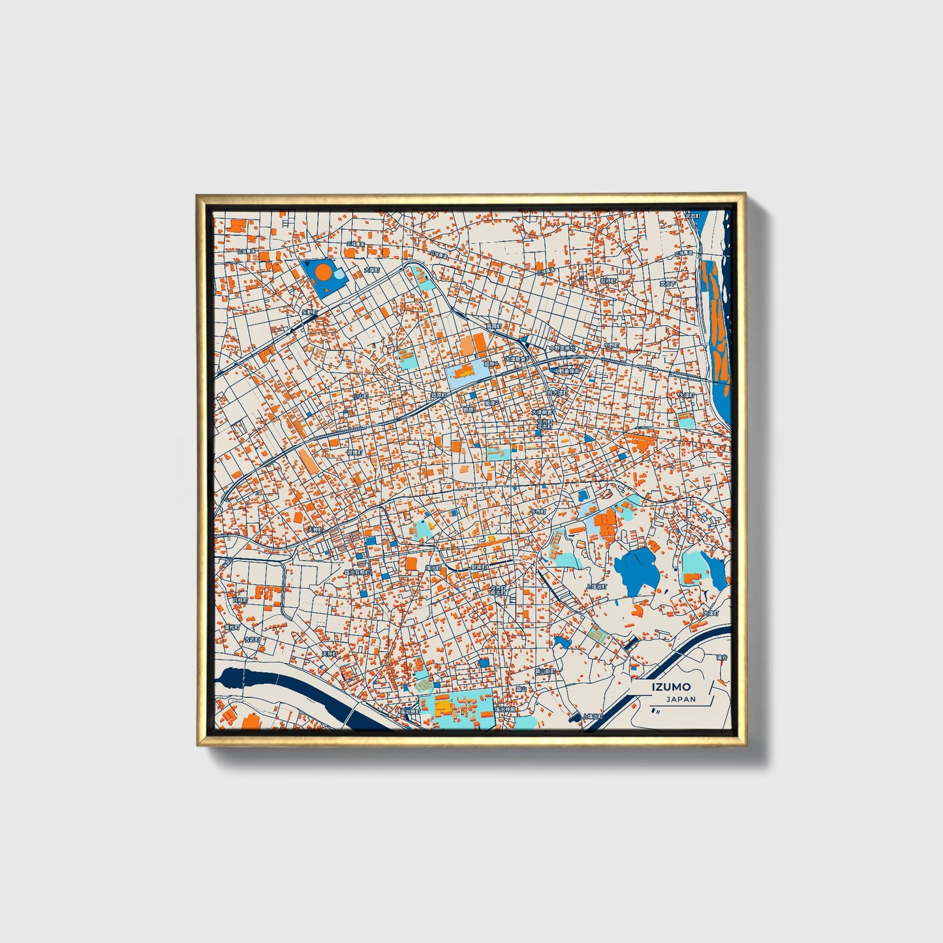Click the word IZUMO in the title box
click(670, 687)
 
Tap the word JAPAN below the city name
click(681, 699)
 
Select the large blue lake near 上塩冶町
click(636, 569)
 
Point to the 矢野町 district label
click(307, 313)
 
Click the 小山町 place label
click(360, 395)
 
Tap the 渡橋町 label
click(354, 452)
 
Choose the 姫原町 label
click(438, 395)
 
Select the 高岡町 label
click(494, 326)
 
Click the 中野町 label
click(611, 345)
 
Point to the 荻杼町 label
click(608, 281)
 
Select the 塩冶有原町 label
click(358, 572)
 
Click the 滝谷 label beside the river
click(720, 657)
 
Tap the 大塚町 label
click(687, 395)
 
